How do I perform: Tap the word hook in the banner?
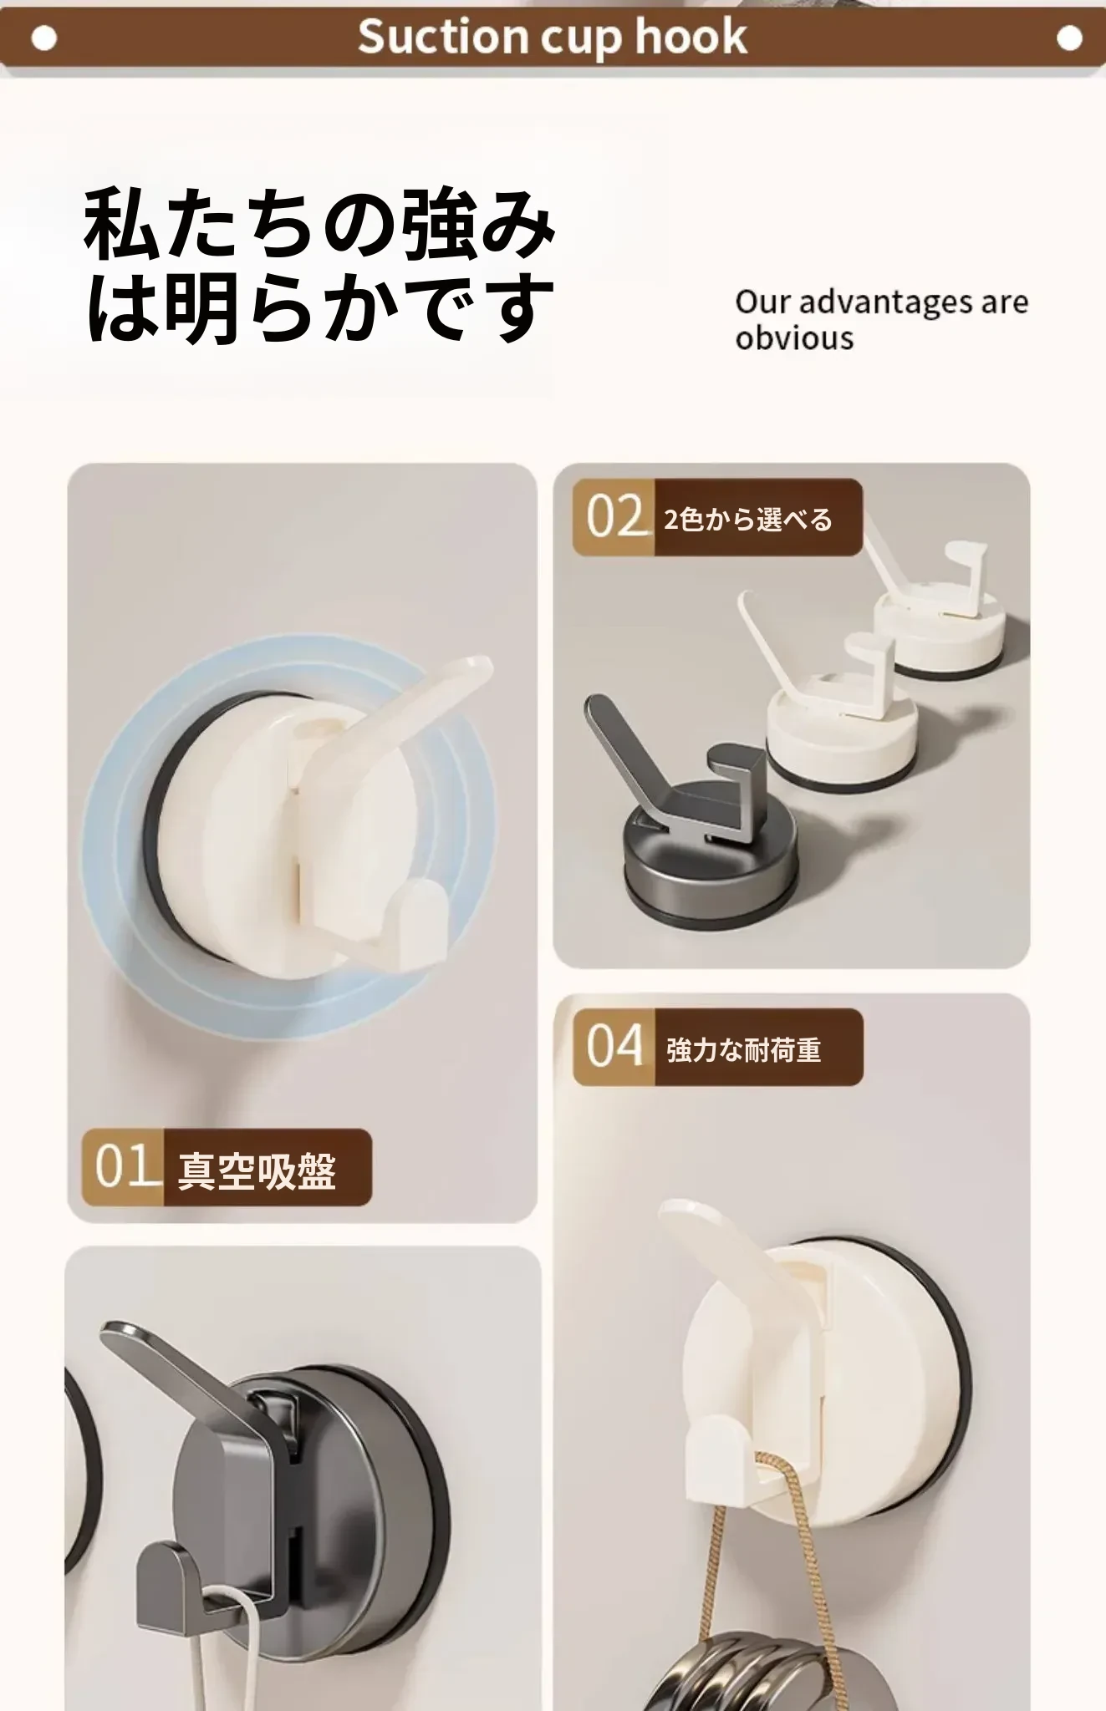coord(691,37)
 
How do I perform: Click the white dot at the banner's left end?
coord(43,38)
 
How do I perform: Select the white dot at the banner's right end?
coord(1069,38)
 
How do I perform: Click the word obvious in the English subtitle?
coord(794,338)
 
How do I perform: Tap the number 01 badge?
coord(123,1166)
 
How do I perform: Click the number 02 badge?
coord(614,517)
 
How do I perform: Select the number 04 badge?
coord(614,1047)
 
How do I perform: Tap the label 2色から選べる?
coord(748,520)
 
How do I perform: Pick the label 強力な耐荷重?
coord(744,1049)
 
